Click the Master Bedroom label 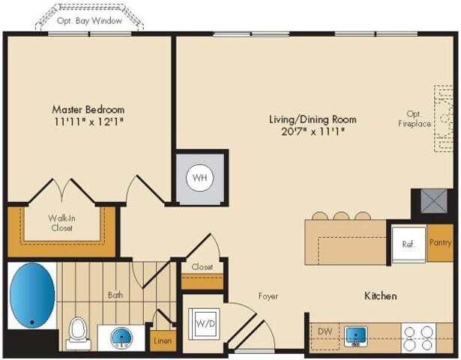(88, 109)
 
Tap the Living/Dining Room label (313, 119)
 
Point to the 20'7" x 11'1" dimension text (313, 132)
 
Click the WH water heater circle (200, 178)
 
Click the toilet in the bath (77, 329)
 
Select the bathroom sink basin (121, 338)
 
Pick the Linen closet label (163, 340)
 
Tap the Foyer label (268, 296)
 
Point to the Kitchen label (380, 296)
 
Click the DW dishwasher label (325, 331)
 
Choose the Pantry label (440, 243)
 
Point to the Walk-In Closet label (61, 223)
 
